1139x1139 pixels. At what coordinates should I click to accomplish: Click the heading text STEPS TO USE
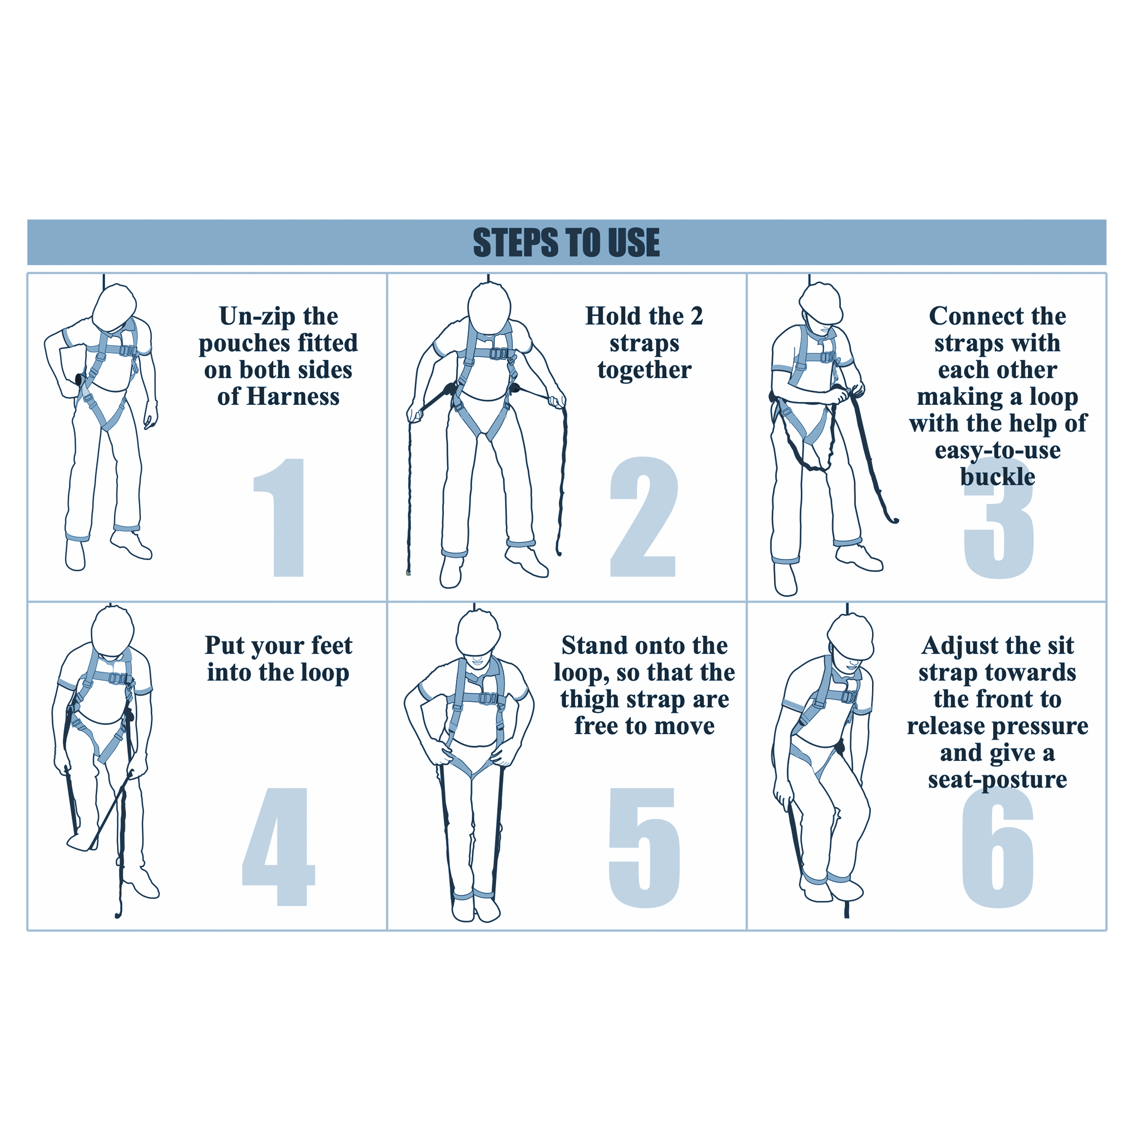point(566,242)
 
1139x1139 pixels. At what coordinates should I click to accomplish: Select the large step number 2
point(643,517)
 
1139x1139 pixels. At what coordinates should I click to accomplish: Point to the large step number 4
point(279,846)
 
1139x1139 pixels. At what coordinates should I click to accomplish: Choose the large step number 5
point(644,848)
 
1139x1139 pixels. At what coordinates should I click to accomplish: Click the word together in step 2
point(645,370)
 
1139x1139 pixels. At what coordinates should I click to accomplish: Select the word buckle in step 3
point(998,477)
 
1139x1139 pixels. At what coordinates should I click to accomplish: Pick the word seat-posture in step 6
point(998,780)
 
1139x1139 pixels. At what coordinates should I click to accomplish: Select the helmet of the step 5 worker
point(478,632)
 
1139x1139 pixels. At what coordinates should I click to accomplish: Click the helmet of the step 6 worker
point(851,637)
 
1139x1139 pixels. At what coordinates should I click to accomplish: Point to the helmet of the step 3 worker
point(821,303)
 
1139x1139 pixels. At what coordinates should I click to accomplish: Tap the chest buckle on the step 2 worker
point(499,354)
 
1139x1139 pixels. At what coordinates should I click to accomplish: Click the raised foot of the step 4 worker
point(82,841)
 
